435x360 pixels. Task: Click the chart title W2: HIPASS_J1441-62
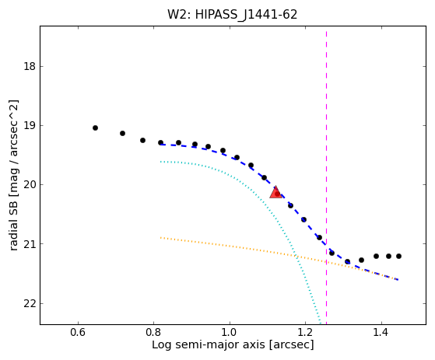coord(232,15)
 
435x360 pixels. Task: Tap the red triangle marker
coord(275,193)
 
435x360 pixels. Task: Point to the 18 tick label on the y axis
coord(30,67)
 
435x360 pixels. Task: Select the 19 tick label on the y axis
coord(30,125)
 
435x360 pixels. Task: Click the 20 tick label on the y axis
coord(30,184)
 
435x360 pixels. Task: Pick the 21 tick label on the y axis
coord(30,244)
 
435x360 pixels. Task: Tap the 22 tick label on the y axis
coord(30,303)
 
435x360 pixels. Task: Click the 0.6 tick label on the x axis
coord(78,332)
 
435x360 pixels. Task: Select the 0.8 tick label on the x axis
coord(154,332)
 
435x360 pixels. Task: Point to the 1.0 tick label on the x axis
coord(230,332)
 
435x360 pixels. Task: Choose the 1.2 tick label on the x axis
coord(306,332)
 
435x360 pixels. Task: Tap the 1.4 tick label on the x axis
coord(381,332)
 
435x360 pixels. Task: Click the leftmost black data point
coord(95,128)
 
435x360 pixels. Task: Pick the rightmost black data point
coord(398,256)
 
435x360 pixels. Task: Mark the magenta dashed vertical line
coord(326,177)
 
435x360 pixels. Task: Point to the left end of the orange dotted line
coord(160,237)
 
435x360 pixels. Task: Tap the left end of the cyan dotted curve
coord(160,161)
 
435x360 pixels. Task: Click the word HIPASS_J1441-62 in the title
coord(246,15)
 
